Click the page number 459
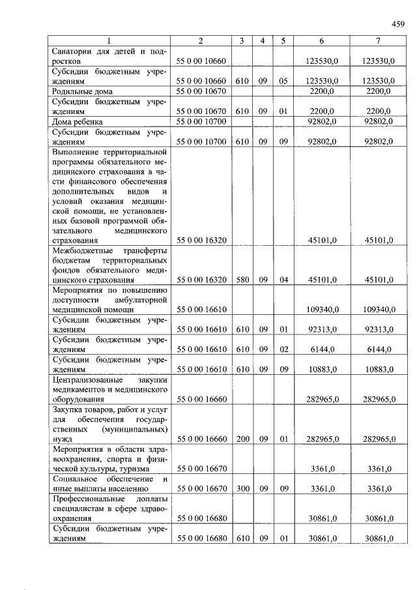pyautogui.click(x=397, y=25)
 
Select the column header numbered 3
pyautogui.click(x=241, y=41)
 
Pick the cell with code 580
pyautogui.click(x=241, y=280)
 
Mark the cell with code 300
pyautogui.click(x=241, y=488)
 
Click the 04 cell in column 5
pyautogui.click(x=283, y=280)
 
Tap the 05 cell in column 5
pyautogui.click(x=283, y=81)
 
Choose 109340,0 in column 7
pyautogui.click(x=379, y=310)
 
